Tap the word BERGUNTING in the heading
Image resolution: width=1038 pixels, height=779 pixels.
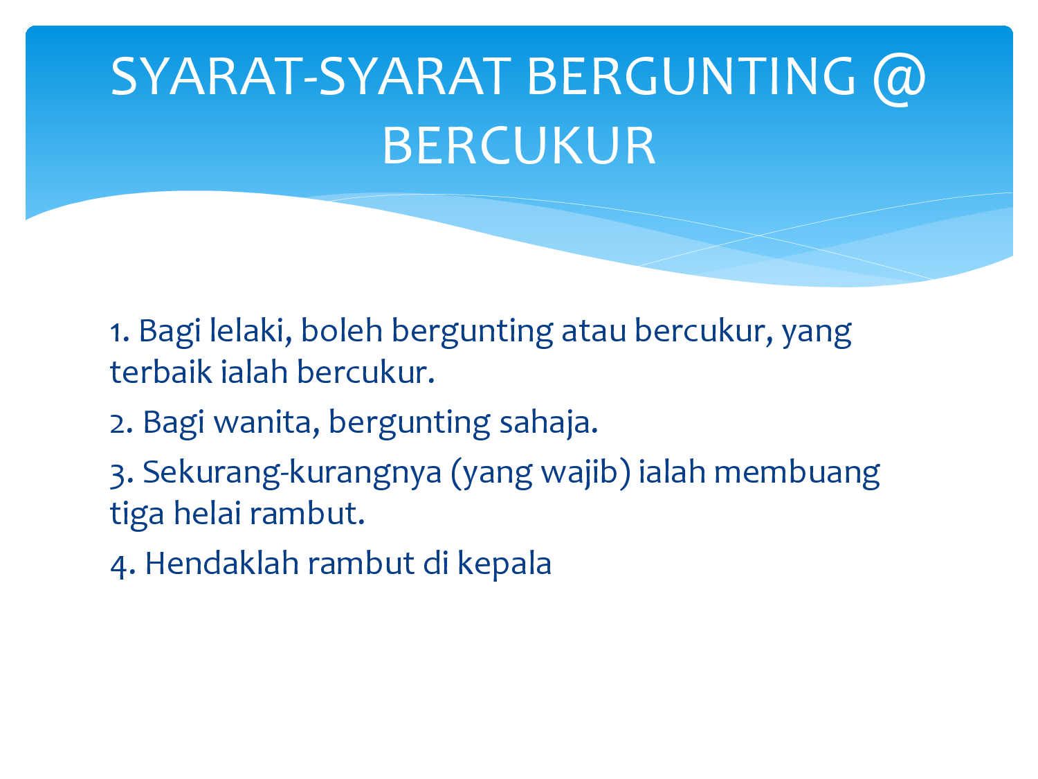691,75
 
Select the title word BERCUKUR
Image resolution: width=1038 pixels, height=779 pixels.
519,145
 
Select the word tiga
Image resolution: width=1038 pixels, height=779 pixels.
137,514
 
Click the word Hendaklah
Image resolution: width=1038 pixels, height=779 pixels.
222,563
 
